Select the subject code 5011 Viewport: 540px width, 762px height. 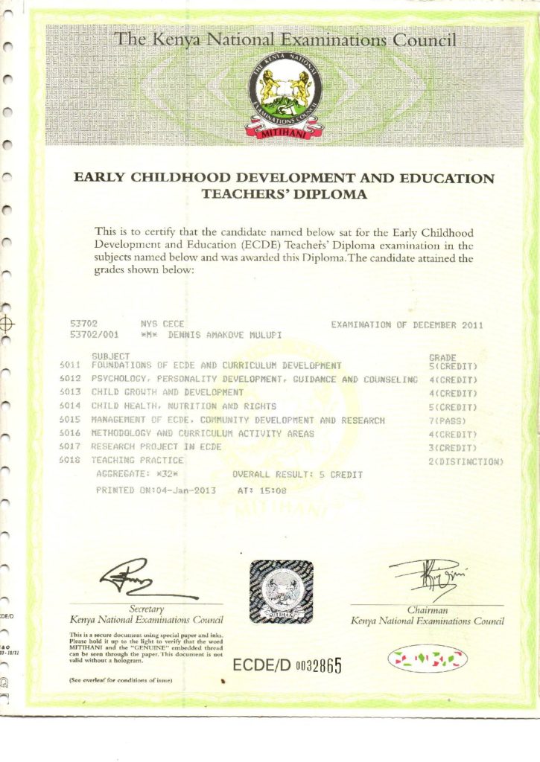pyautogui.click(x=70, y=365)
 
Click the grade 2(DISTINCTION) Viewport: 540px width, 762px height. pyautogui.click(x=466, y=461)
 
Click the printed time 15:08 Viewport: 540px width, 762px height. pyautogui.click(x=273, y=490)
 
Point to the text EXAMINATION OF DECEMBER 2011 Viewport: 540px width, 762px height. pyautogui.click(x=407, y=324)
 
